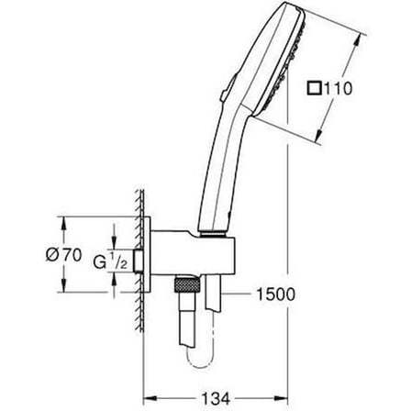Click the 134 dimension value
216,398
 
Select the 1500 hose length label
275,294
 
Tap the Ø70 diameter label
64,255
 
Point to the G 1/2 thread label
110,261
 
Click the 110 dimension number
338,89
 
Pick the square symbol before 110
314,89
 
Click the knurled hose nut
186,284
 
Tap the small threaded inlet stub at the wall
139,261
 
